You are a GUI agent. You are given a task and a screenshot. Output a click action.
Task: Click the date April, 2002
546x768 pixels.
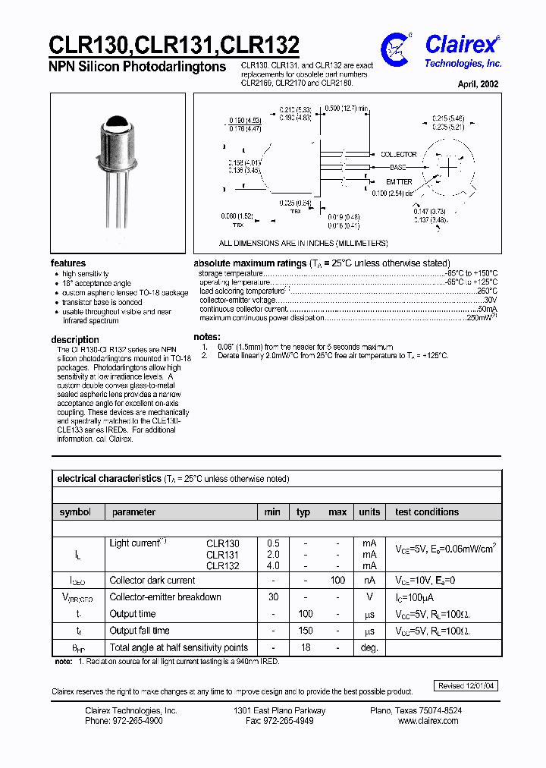(x=478, y=84)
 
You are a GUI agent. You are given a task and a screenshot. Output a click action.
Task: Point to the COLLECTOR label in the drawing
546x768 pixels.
(x=399, y=154)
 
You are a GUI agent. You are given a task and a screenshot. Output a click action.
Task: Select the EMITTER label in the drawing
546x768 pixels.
(x=399, y=182)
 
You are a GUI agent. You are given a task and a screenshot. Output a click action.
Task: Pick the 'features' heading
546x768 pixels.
(x=68, y=263)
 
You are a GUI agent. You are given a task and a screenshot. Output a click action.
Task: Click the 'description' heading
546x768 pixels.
(x=75, y=339)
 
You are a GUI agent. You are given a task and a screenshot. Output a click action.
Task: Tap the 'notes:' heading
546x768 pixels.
(x=207, y=336)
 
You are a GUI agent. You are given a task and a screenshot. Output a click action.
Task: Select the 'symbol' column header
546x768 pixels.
(x=75, y=512)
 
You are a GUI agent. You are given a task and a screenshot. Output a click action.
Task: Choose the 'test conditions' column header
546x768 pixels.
(x=427, y=512)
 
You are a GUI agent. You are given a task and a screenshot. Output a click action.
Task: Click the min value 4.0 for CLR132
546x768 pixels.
(x=273, y=565)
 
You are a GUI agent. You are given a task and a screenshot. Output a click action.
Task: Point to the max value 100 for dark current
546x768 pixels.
(x=337, y=581)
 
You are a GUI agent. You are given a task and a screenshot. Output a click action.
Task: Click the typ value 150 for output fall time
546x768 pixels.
(x=305, y=631)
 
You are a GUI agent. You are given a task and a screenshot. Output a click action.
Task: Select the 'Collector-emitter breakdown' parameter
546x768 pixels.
(x=165, y=597)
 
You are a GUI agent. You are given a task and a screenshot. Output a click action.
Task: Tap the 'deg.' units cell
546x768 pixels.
(x=369, y=648)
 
